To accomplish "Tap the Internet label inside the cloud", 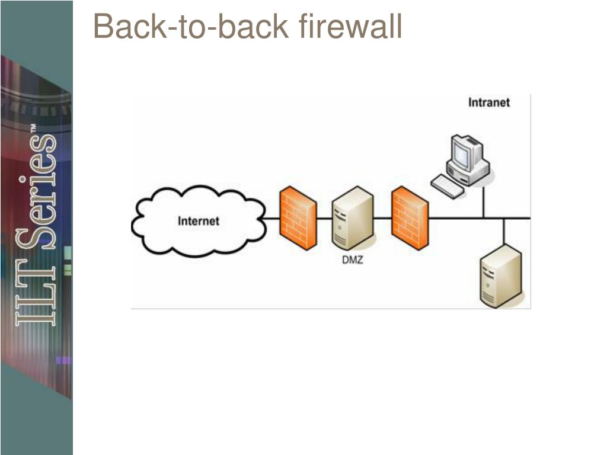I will [x=199, y=221].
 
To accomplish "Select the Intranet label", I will [x=489, y=102].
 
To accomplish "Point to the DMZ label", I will [x=352, y=259].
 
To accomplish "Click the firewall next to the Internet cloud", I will [x=298, y=218].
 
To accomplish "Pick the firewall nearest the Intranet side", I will [x=410, y=218].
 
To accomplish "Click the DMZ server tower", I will [x=353, y=218].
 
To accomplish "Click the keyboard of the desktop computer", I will [x=448, y=186].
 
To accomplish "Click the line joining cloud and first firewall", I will [x=271, y=218].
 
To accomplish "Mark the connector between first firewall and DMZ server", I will [x=324, y=218].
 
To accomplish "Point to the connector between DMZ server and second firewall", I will [x=382, y=218].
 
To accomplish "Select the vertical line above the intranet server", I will [x=503, y=231].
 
